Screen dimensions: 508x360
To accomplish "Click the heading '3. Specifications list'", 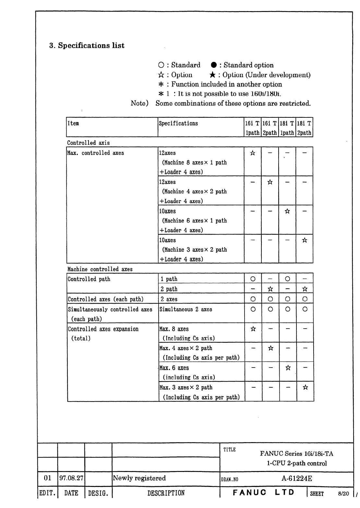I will pyautogui.click(x=87, y=45).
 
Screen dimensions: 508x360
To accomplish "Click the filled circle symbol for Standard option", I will pyautogui.click(x=213, y=65).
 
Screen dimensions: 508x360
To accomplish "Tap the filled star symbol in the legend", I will pyautogui.click(x=212, y=75).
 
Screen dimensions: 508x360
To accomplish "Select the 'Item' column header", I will pyautogui.click(x=73, y=123).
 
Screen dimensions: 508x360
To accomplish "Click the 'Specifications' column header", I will pyautogui.click(x=178, y=123).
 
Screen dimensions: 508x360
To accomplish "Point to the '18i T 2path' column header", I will pyautogui.click(x=304, y=128).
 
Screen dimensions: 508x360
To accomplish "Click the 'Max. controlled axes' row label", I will pyautogui.click(x=95, y=153).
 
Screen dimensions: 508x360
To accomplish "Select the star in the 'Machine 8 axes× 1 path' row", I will pyautogui.click(x=253, y=153).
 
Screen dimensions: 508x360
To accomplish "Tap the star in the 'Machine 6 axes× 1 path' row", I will pyautogui.click(x=287, y=211).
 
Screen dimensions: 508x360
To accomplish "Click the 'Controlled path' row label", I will pyautogui.click(x=89, y=279).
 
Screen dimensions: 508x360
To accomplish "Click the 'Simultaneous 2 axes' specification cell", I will pyautogui.click(x=186, y=309).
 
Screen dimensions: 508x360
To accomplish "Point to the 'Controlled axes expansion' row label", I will pyautogui.click(x=103, y=329).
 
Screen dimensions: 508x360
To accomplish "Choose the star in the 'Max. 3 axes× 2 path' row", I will pyautogui.click(x=305, y=387).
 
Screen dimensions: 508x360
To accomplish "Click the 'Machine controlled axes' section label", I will pyautogui.click(x=100, y=269).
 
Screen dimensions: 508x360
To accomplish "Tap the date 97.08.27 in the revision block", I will pyautogui.click(x=71, y=478).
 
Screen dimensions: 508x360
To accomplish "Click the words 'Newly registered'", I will pyautogui.click(x=139, y=478).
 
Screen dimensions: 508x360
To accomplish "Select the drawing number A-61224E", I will pyautogui.click(x=297, y=478).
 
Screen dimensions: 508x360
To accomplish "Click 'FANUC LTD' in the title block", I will pyautogui.click(x=263, y=492).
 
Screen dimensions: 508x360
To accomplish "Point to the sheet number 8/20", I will pyautogui.click(x=343, y=494).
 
